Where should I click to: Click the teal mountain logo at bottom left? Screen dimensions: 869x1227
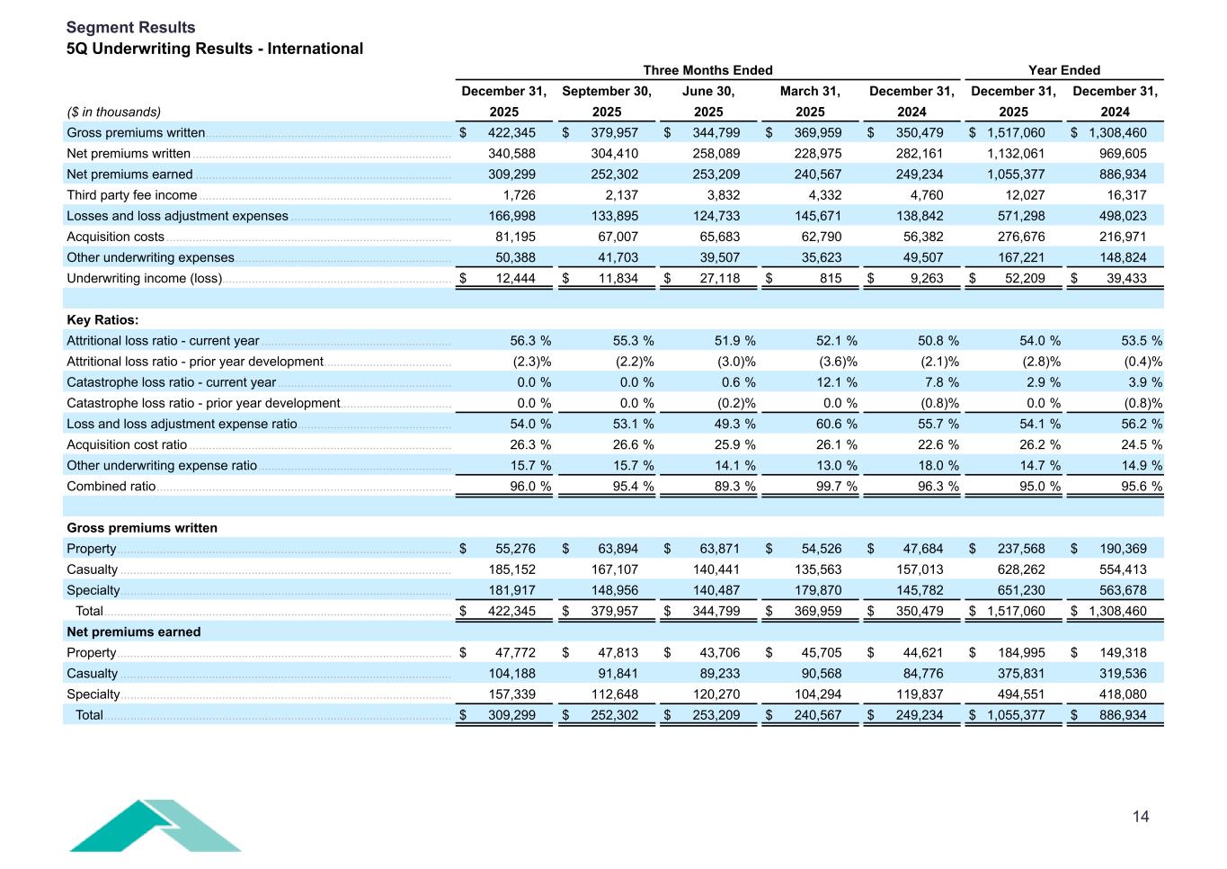[x=155, y=825]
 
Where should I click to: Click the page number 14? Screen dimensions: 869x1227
[x=1140, y=817]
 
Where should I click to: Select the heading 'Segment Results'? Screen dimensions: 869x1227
[x=130, y=28]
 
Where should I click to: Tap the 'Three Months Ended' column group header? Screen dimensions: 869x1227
[x=707, y=70]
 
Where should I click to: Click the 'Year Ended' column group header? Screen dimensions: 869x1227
[x=1063, y=70]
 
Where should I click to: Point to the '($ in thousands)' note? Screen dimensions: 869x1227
[x=114, y=112]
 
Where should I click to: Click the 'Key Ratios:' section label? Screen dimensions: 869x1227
[x=102, y=320]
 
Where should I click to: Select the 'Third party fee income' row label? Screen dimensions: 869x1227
[x=132, y=195]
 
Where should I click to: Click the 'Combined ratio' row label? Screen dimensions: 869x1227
[x=111, y=487]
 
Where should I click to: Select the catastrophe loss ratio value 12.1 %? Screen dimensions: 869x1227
[x=832, y=382]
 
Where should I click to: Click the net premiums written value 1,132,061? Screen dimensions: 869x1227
[x=1016, y=154]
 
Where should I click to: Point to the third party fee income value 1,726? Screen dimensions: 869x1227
[x=519, y=195]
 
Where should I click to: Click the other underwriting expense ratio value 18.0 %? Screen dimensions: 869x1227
[x=934, y=466]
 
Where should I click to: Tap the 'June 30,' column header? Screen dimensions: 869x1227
[x=708, y=91]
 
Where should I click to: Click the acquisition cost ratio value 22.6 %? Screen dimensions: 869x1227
[x=934, y=445]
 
